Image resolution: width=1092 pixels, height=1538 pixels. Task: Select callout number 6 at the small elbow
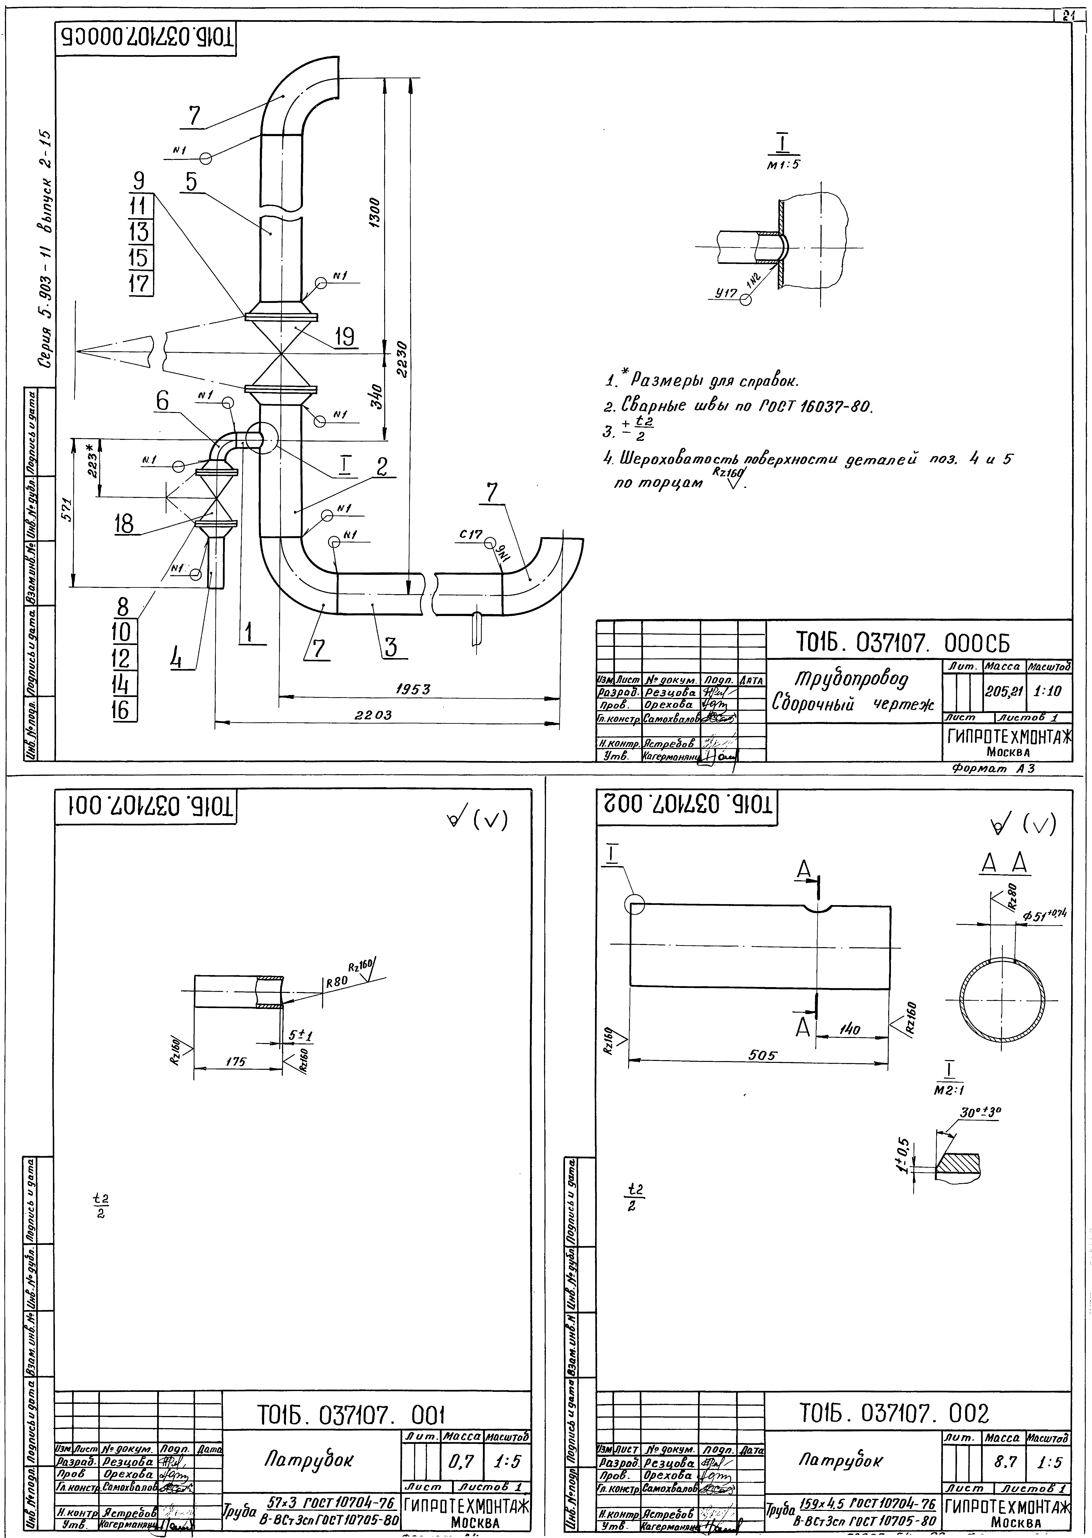click(x=163, y=401)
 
